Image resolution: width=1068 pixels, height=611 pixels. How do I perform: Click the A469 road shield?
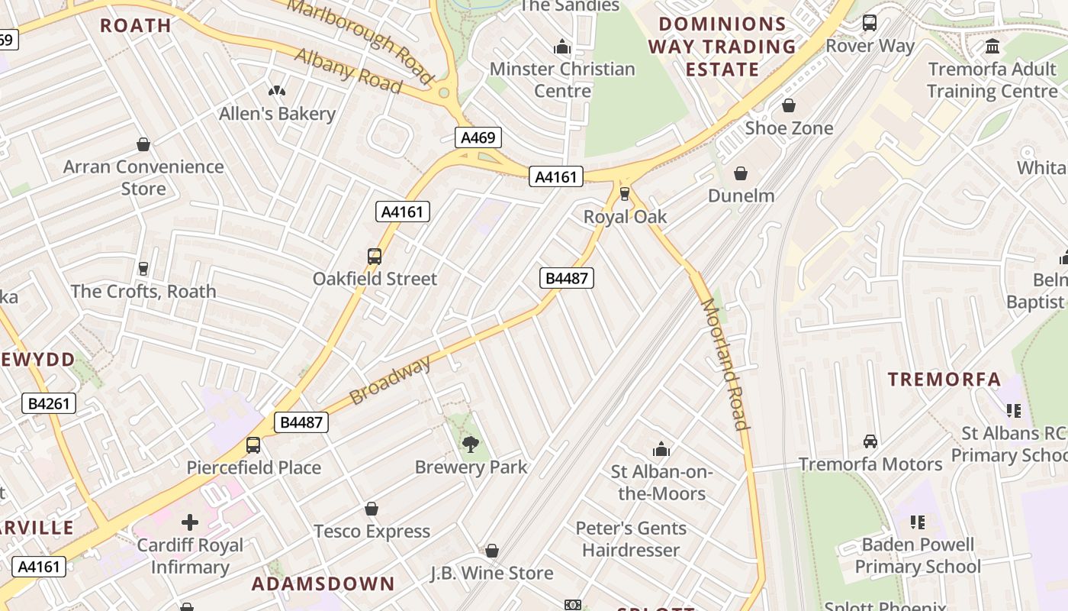(479, 138)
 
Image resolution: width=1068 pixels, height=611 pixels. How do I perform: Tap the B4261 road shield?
(50, 403)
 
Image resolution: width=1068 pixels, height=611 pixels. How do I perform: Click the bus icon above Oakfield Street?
(374, 257)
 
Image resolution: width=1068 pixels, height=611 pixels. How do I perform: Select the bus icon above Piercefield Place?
(253, 445)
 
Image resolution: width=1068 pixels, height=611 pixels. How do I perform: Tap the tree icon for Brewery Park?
(471, 445)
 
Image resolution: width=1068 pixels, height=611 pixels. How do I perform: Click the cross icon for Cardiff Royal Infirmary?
(190, 523)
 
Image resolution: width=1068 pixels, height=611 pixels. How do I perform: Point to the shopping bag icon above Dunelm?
(740, 174)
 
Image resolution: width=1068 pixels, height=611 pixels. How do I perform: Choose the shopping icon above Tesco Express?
(372, 509)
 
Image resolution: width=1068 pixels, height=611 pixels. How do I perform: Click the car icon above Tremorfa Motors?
(870, 441)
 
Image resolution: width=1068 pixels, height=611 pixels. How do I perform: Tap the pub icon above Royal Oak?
(625, 194)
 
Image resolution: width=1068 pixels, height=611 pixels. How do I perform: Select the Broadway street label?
(390, 380)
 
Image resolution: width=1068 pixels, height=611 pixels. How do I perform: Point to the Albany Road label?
(348, 71)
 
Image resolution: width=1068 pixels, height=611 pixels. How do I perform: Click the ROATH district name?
(136, 25)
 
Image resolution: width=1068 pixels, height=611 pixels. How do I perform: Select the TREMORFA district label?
(944, 380)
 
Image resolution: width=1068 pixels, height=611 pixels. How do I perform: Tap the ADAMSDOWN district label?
(323, 584)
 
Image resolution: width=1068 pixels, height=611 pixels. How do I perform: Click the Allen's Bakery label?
(277, 114)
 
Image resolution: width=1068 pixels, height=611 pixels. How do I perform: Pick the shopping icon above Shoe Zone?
(789, 105)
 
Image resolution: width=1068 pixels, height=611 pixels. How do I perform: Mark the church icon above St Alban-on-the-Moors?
(661, 449)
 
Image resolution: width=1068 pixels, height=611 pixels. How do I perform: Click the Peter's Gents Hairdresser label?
(630, 539)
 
